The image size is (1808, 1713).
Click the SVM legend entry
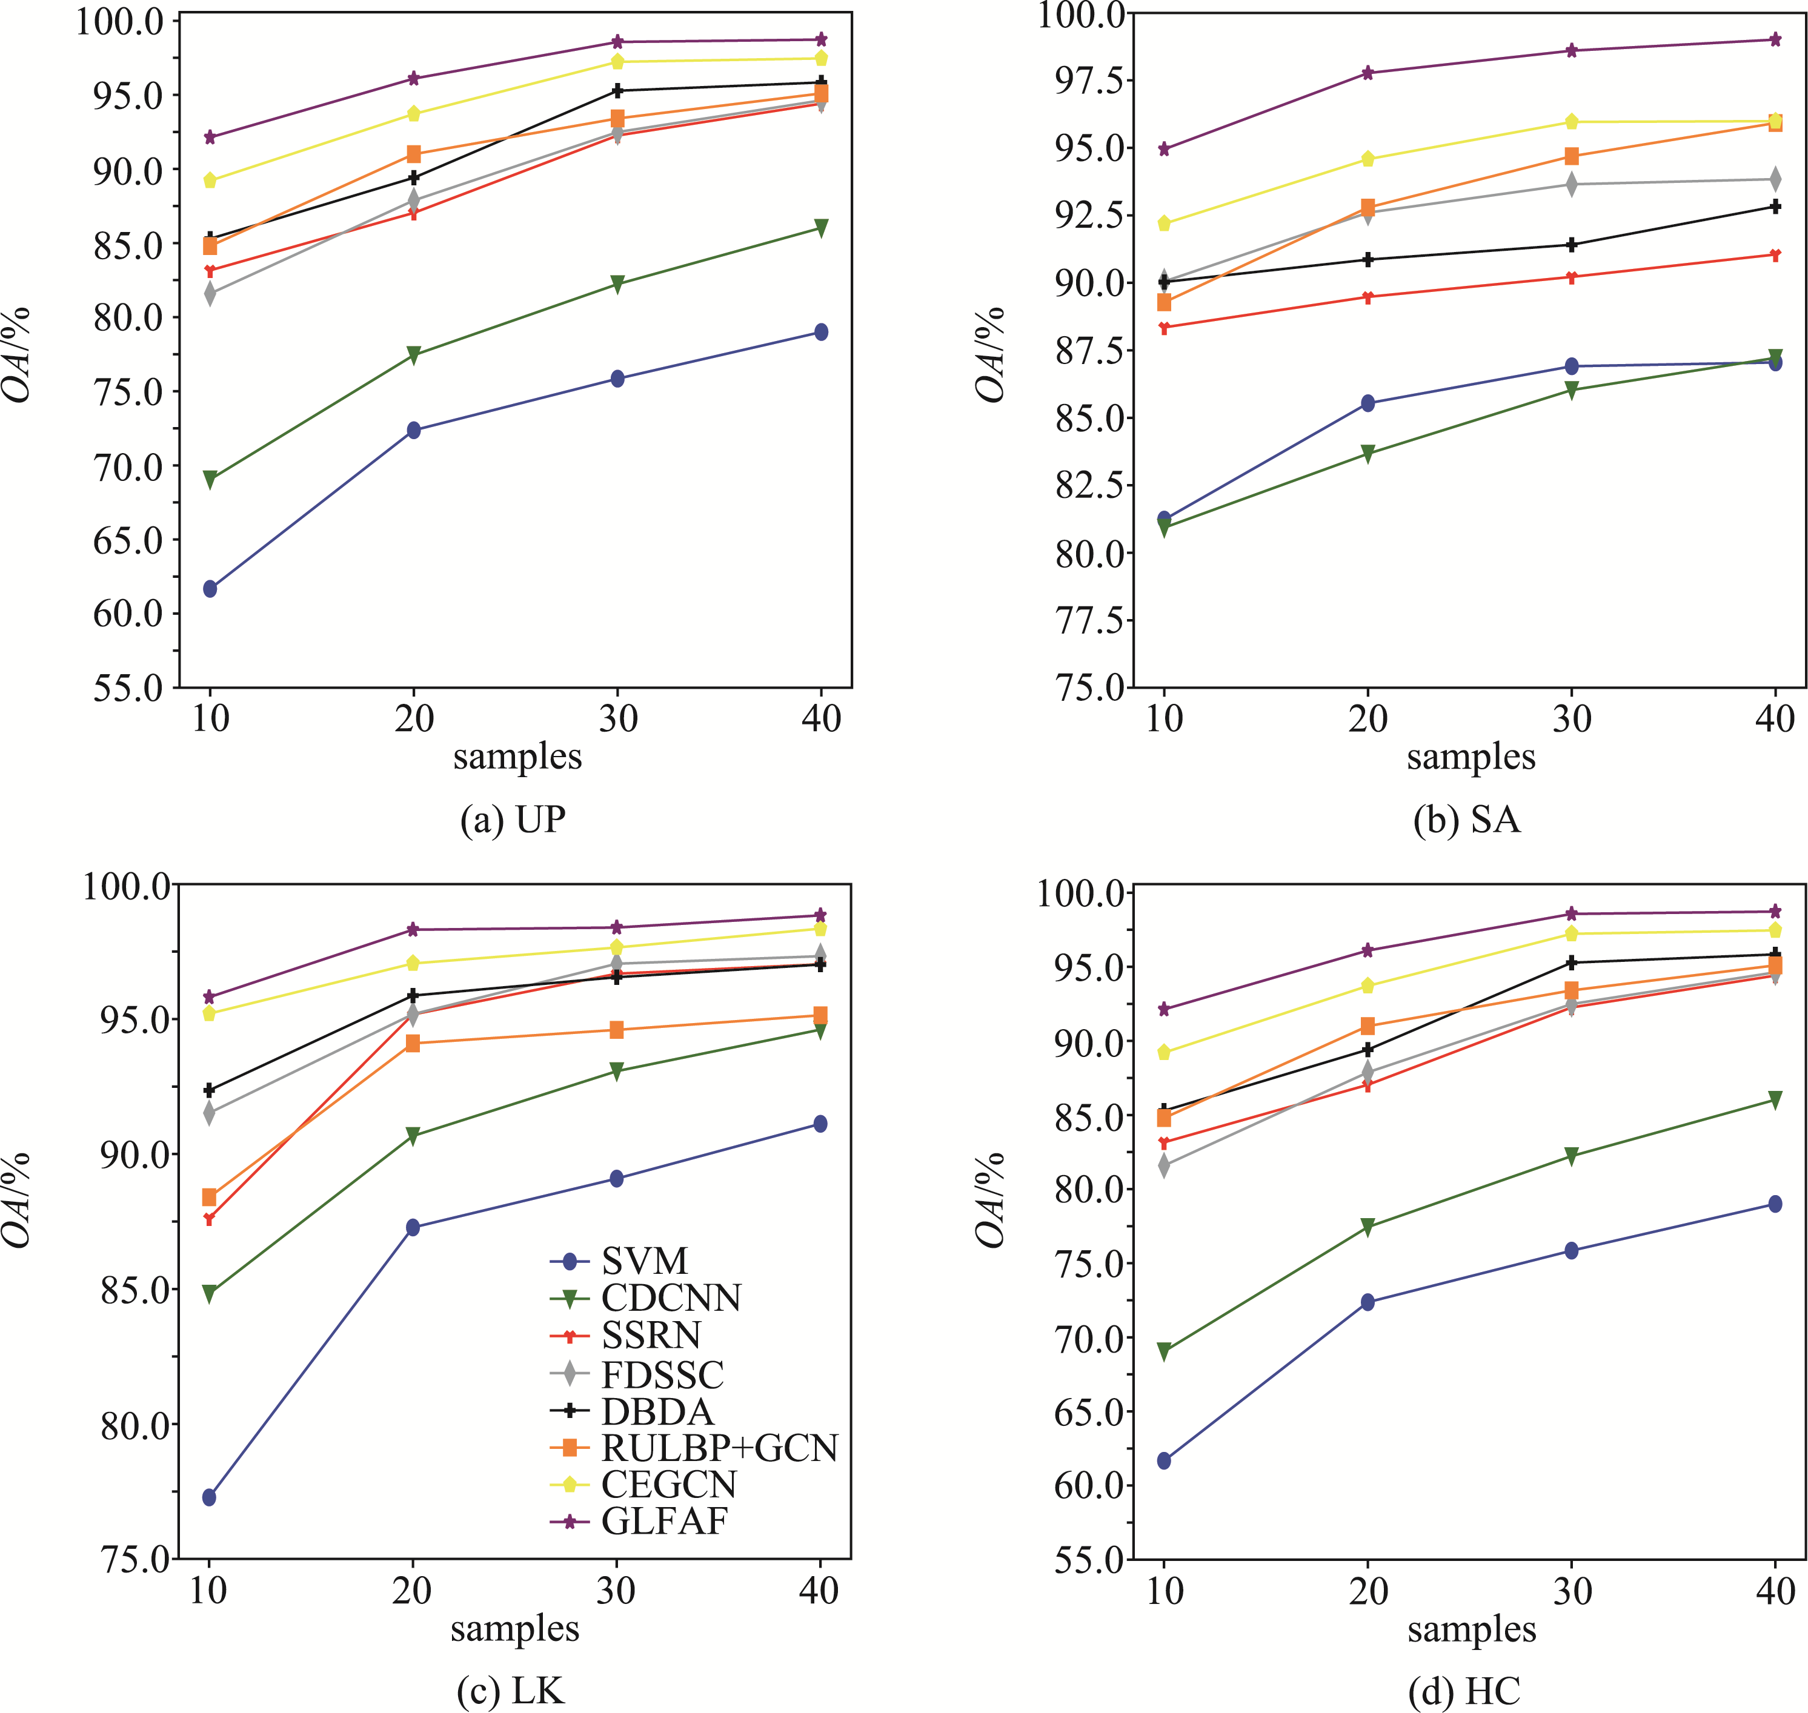(643, 1261)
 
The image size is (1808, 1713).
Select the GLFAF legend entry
(664, 1520)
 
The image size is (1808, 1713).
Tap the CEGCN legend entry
(668, 1484)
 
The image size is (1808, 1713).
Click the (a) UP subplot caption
(513, 819)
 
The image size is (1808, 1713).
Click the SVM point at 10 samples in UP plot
(210, 589)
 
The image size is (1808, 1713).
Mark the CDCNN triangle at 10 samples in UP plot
(210, 480)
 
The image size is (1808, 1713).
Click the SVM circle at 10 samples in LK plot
(209, 1497)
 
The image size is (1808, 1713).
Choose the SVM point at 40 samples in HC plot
(1775, 1204)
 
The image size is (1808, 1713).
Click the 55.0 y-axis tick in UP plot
(128, 688)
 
